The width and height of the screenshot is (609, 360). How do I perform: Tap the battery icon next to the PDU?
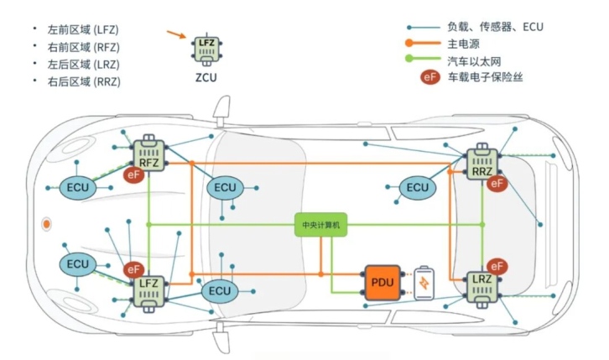[x=425, y=282]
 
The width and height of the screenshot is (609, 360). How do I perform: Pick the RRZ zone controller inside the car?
[x=482, y=164]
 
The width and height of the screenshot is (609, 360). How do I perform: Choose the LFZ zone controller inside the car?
[x=149, y=288]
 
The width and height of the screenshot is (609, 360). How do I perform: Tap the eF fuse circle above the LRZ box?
[x=497, y=265]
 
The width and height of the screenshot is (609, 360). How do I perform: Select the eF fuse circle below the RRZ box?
[x=497, y=182]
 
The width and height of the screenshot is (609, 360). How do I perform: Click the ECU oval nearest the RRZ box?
[x=418, y=188]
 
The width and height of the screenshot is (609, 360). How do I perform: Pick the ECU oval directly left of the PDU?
[x=220, y=291]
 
